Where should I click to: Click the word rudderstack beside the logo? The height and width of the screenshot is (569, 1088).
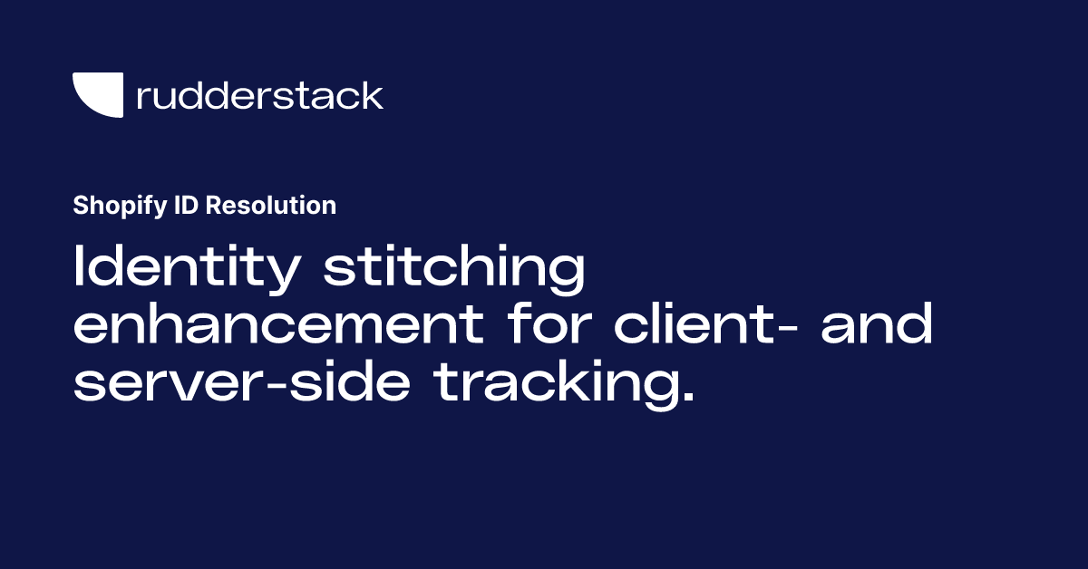(x=259, y=95)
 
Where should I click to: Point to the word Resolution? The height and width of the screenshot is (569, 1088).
(x=270, y=206)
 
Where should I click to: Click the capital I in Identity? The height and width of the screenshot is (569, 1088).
(x=78, y=268)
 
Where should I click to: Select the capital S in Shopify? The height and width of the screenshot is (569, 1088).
(x=80, y=206)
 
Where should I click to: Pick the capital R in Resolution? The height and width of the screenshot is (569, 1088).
(x=211, y=206)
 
